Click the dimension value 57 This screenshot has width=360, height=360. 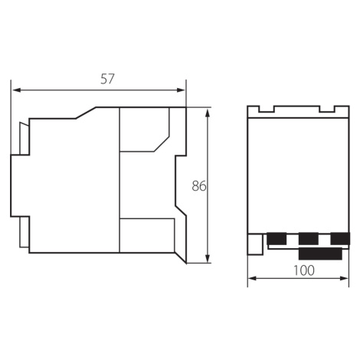[107, 79]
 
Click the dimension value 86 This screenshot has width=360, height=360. [199, 186]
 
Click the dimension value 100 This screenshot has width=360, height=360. [303, 270]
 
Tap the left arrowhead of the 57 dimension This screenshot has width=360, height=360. [17, 90]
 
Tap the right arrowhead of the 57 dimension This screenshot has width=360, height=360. [181, 90]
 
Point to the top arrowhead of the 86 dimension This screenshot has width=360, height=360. [208, 113]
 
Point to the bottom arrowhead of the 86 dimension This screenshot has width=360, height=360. [208, 258]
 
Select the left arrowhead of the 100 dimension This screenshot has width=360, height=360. [252, 278]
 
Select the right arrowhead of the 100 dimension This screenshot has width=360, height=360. [344, 278]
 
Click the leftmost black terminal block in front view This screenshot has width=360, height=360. [277, 238]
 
